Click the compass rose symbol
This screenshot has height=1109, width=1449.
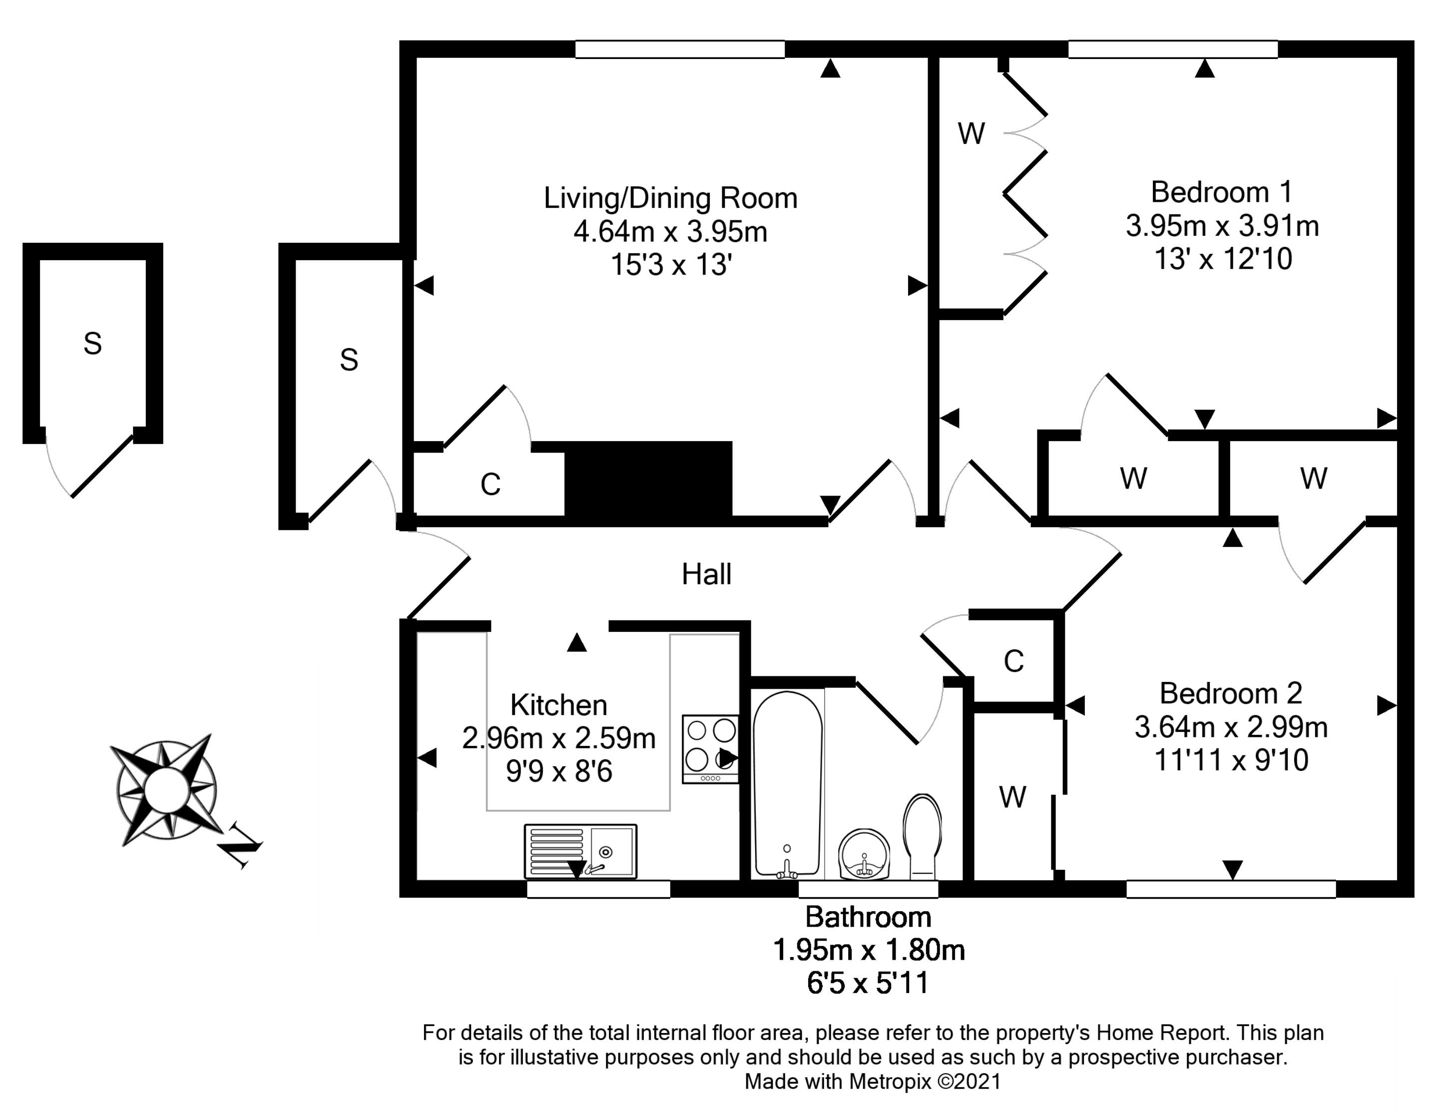click(x=166, y=789)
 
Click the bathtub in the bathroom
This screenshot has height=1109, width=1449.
click(x=788, y=785)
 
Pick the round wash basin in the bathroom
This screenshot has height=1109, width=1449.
click(x=865, y=854)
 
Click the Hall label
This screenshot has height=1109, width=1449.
click(x=706, y=574)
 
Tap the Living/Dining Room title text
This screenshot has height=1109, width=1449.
click(x=670, y=198)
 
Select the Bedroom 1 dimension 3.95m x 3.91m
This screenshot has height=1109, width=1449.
click(x=1222, y=226)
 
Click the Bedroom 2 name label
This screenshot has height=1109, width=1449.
click(x=1231, y=693)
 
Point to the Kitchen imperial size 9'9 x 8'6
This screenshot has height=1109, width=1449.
click(x=559, y=771)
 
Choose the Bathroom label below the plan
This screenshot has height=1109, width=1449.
click(x=868, y=917)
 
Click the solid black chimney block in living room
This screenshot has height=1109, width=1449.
click(x=648, y=479)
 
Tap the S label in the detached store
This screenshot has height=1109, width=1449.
click(x=92, y=343)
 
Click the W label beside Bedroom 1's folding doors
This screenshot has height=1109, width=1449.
click(x=971, y=133)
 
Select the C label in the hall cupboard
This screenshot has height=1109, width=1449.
click(x=1013, y=661)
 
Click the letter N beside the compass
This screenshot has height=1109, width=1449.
click(x=242, y=846)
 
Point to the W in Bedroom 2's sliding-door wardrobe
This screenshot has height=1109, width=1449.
click(x=1013, y=797)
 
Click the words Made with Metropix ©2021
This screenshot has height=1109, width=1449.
click(x=873, y=1081)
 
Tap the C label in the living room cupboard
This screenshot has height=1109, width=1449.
click(x=490, y=485)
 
